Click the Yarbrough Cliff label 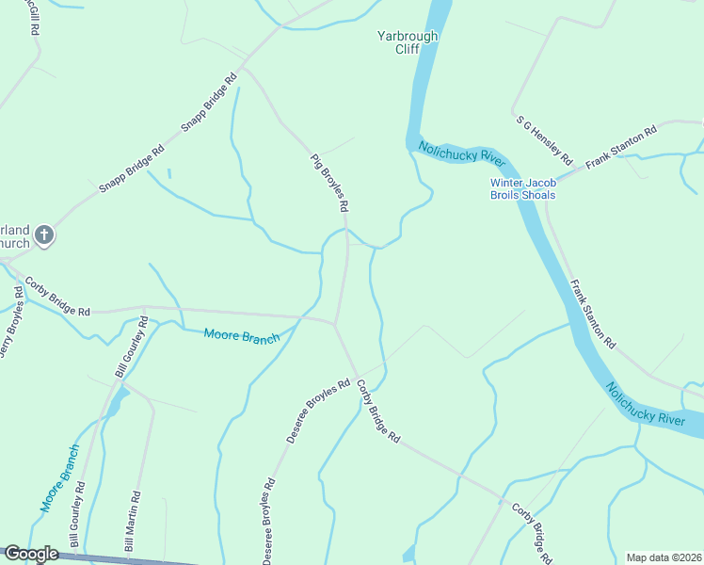click(x=408, y=42)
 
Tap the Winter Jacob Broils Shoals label click(x=522, y=188)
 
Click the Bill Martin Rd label click(x=133, y=521)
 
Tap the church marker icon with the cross click(x=43, y=236)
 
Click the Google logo click(x=31, y=554)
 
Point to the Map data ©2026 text click(x=663, y=557)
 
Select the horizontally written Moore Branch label click(x=242, y=335)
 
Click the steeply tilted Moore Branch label click(x=58, y=477)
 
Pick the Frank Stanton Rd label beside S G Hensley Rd click(x=620, y=148)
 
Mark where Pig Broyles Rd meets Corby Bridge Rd click(x=336, y=323)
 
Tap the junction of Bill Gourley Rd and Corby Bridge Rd click(x=143, y=307)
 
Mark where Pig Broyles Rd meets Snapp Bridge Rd click(x=242, y=68)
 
